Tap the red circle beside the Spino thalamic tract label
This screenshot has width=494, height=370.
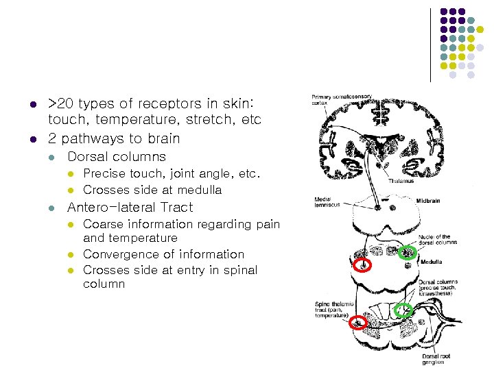point(357,322)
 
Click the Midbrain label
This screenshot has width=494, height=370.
point(430,201)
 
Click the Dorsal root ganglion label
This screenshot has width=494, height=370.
point(436,360)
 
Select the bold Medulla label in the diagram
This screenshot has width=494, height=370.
point(432,262)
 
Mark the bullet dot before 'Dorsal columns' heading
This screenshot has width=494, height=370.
point(51,157)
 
